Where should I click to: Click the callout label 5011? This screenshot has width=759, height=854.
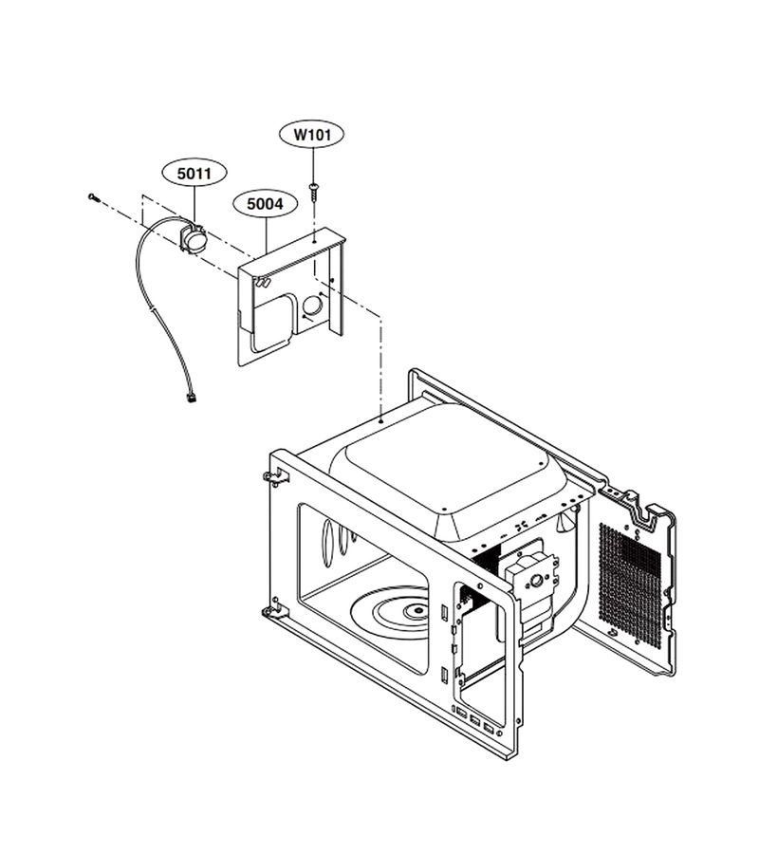tap(194, 174)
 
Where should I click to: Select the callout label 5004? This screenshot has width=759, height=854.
tap(265, 204)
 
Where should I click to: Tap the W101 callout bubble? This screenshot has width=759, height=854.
tap(312, 135)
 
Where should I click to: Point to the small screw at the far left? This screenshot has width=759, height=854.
tap(94, 197)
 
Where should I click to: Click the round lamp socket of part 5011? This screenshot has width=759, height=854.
tap(194, 238)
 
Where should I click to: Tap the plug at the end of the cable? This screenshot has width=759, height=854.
tap(191, 399)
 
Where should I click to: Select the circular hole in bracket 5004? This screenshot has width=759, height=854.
tap(312, 306)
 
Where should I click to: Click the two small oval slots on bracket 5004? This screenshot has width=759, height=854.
tap(263, 282)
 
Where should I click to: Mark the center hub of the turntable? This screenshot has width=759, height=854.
tap(418, 610)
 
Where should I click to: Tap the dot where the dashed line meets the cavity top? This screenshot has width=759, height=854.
tap(381, 421)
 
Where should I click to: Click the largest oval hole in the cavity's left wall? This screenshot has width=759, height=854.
tap(327, 542)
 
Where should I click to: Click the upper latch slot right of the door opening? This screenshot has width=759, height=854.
tap(445, 613)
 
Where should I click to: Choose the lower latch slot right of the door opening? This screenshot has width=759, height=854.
tap(445, 675)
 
